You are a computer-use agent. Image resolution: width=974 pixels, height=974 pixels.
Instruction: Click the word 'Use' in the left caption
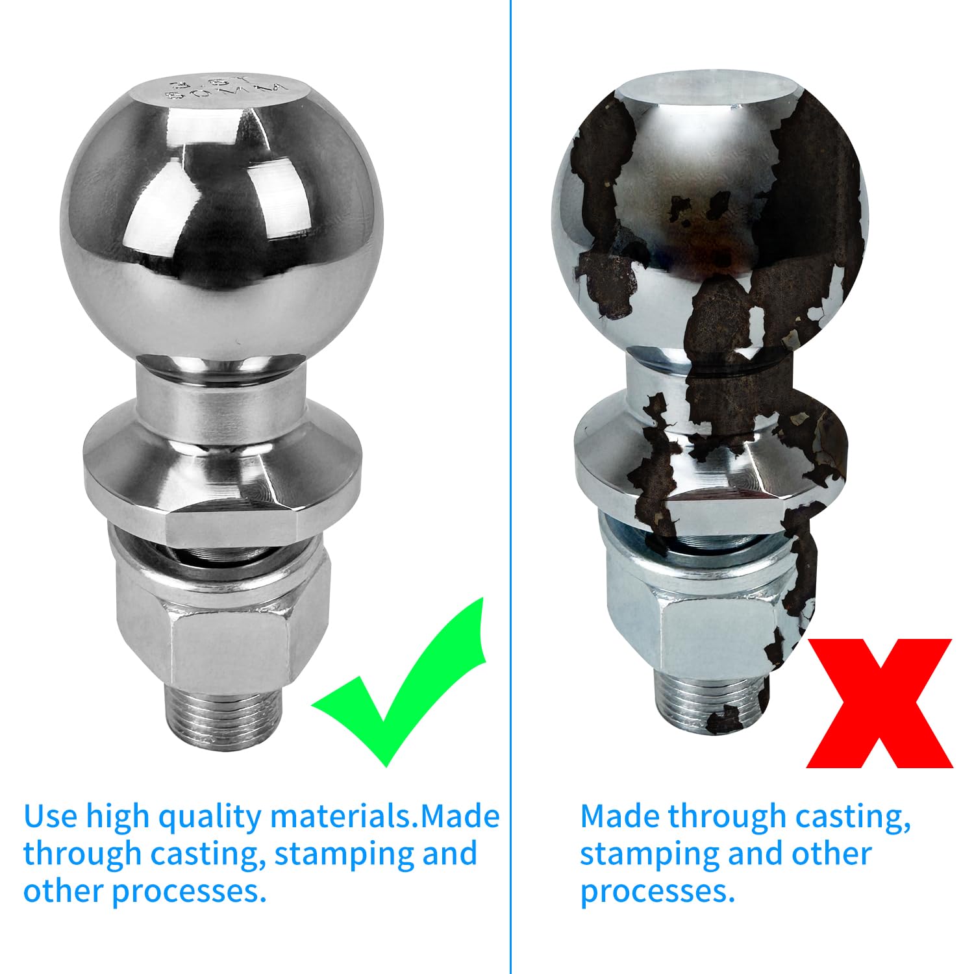tap(51, 816)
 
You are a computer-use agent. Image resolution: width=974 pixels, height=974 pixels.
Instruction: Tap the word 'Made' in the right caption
tap(619, 816)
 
